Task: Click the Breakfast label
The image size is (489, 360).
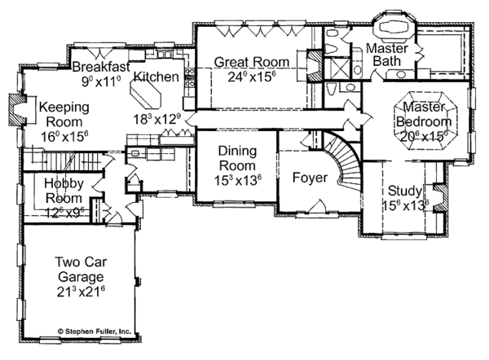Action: click(x=99, y=67)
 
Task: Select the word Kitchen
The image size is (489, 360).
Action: click(x=156, y=77)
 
